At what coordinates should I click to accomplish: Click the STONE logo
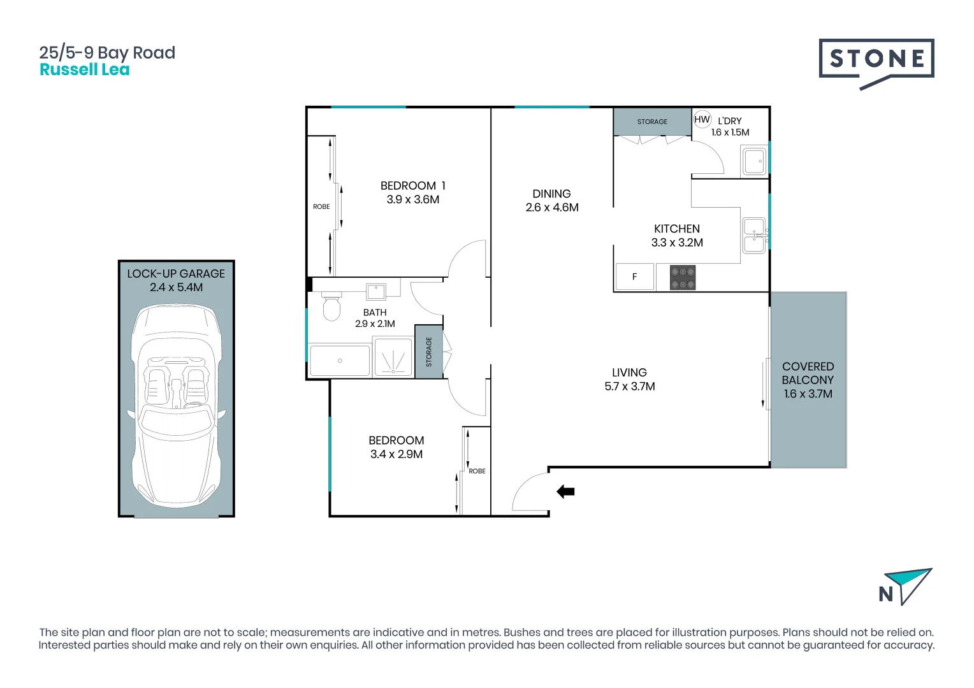coord(876,60)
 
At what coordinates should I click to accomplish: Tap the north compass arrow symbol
coord(910,585)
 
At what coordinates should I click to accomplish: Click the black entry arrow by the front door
coord(565,491)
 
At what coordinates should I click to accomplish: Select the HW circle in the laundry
coord(702,120)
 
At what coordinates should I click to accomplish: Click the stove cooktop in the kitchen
coord(683,278)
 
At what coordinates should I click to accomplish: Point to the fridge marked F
coord(634,277)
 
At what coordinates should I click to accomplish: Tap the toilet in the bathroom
coord(331,307)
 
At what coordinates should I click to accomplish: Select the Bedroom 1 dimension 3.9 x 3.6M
coord(412,199)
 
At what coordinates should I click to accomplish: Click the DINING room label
coord(551,194)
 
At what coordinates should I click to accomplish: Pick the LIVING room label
coord(629,373)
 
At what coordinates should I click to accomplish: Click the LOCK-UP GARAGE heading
coord(176,273)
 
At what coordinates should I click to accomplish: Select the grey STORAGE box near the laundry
coord(652,122)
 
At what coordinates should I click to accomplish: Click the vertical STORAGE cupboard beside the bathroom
coord(429,352)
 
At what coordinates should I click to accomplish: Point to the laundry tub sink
coord(754,161)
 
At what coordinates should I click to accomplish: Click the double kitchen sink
coord(754,235)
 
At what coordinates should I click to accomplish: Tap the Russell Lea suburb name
coord(85,70)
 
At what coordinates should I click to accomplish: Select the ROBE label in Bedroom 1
coord(321,206)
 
